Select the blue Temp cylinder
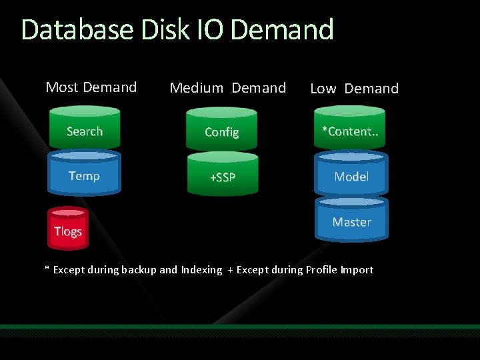pos(85,175)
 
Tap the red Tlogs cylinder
pos(67,230)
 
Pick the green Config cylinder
pos(222,131)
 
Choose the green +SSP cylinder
pos(222,176)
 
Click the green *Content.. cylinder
pos(351,131)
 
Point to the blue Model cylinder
pos(351,176)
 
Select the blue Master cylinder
pos(351,221)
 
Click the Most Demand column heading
pos(91,87)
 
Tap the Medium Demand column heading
pos(228,88)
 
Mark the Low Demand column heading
pos(354,89)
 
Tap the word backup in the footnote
pos(140,270)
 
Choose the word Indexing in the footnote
pos(201,270)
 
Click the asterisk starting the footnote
pos(47,269)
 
